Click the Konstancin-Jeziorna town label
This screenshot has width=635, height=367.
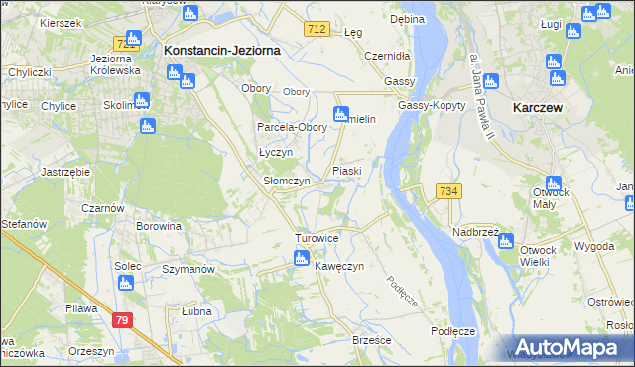tap(222, 49)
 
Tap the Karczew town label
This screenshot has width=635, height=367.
tap(539, 106)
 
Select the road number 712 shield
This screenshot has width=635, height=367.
tap(317, 31)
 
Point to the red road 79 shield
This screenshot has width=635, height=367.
tap(122, 319)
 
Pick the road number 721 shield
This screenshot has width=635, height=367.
tap(125, 44)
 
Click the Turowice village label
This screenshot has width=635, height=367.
tap(317, 239)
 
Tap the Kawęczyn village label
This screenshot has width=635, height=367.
tap(339, 267)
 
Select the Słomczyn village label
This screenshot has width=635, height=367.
tap(286, 182)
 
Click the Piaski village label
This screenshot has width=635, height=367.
tap(346, 171)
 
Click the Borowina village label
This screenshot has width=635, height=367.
tap(160, 226)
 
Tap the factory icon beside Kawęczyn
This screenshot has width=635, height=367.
tap(301, 259)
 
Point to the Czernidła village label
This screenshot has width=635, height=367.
tap(387, 56)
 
